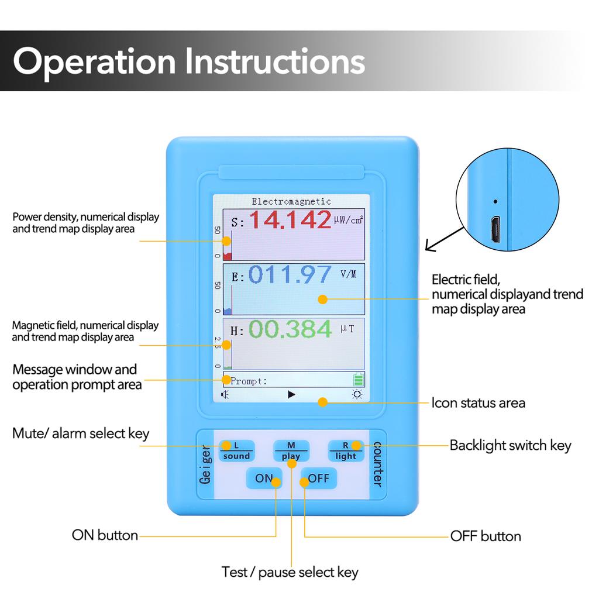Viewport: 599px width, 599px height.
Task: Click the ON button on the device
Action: tap(264, 478)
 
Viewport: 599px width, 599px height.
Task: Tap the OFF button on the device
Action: tap(319, 478)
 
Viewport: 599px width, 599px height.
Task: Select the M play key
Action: tap(291, 451)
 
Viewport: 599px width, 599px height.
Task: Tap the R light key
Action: tap(346, 451)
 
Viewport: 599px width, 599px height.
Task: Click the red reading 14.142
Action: tap(291, 221)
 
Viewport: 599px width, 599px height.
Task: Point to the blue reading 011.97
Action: tap(290, 274)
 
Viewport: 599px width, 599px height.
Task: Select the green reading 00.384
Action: tap(290, 329)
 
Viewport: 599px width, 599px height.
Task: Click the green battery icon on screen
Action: tap(358, 380)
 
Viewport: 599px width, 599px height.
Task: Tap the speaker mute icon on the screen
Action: tap(225, 394)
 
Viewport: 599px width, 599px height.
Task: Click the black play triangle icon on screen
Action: tap(291, 394)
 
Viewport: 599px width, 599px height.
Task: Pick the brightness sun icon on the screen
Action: tap(357, 394)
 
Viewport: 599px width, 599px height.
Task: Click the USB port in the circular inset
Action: tap(495, 229)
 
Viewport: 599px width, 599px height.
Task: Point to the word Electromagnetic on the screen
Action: tap(291, 202)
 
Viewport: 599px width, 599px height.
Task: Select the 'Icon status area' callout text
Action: tap(478, 403)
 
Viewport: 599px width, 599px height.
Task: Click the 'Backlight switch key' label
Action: tap(510, 446)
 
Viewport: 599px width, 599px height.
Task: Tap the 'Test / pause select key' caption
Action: tap(290, 572)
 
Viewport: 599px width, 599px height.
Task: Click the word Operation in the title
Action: tap(94, 61)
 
